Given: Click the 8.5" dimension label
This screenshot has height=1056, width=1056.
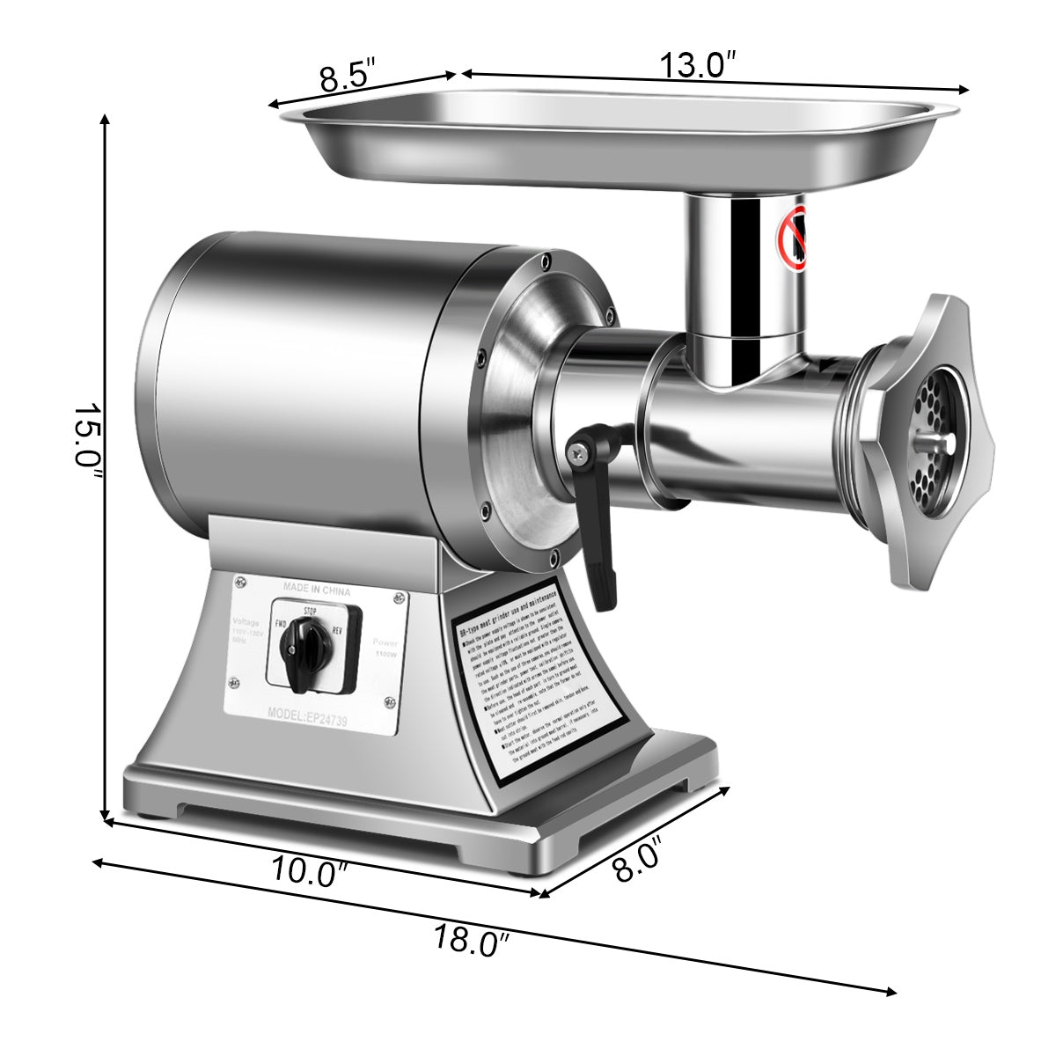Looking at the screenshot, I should tap(348, 74).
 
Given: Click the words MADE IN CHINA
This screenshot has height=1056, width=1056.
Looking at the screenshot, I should tap(317, 590).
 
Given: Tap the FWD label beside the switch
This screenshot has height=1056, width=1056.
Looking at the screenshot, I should tap(282, 623).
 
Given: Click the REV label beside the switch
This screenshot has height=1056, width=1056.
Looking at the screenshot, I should tap(337, 630).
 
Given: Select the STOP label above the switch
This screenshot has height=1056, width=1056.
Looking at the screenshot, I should tap(310, 610).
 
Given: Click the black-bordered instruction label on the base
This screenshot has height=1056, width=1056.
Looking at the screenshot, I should tap(539, 682).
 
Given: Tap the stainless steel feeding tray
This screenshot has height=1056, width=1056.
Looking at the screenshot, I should tap(616, 141).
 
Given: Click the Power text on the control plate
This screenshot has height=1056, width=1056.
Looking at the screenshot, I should tap(385, 642).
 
